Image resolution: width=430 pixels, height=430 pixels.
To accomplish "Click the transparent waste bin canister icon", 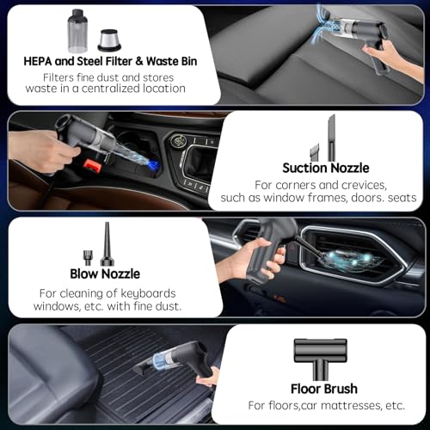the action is (77, 31).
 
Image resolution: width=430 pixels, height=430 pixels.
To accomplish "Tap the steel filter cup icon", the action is (109, 40).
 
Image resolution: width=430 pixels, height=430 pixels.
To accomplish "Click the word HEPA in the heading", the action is (38, 61).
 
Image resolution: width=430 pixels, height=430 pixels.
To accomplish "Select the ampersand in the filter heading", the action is (139, 61).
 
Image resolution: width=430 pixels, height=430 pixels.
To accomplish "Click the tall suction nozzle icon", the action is (331, 138).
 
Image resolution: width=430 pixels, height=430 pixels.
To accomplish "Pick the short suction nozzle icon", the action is (315, 152).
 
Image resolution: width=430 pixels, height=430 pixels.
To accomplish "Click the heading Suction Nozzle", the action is (326, 168).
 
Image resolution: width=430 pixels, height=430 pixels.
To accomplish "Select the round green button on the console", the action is (175, 141).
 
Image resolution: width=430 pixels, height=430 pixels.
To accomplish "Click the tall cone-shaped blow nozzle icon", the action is (107, 243).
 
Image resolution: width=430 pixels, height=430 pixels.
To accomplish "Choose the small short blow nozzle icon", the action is (88, 258).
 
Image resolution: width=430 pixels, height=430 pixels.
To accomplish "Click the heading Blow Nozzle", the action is (105, 274).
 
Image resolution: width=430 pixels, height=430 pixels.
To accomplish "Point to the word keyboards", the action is (148, 293).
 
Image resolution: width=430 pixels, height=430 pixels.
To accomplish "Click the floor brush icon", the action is (321, 359).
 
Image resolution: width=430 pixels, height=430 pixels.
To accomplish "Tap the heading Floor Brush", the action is (324, 389).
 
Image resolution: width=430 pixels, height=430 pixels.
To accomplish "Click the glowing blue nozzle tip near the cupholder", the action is (152, 166).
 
